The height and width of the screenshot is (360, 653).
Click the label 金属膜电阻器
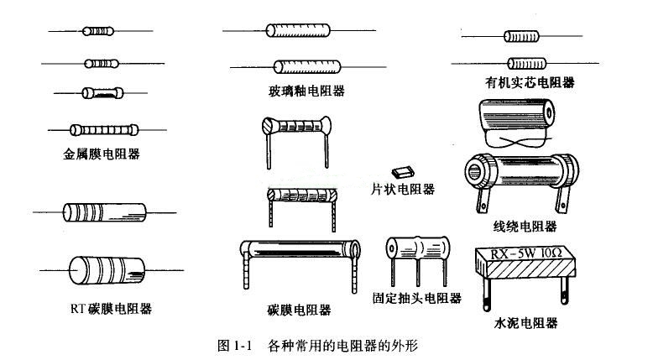(x=101, y=154)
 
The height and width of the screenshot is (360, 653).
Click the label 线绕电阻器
(x=525, y=227)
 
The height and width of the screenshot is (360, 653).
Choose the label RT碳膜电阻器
(x=112, y=308)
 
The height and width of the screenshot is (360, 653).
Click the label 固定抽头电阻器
(x=417, y=297)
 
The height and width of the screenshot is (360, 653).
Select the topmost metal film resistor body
(x=95, y=32)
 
